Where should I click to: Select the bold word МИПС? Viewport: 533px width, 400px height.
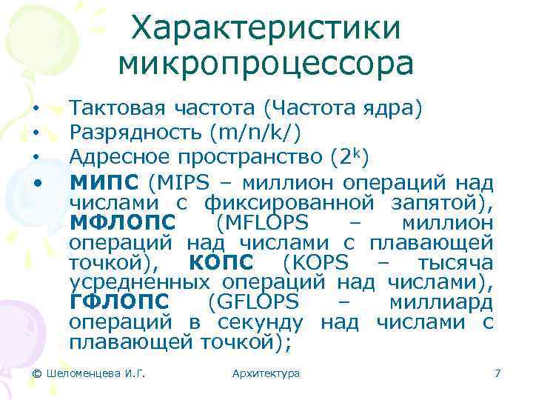[x=104, y=181]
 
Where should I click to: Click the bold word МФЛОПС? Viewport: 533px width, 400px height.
[x=123, y=222]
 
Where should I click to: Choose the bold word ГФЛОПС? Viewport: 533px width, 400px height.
[x=118, y=303]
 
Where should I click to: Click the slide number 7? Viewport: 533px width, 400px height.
[x=497, y=373]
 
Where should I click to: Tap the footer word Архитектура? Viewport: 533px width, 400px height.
[x=266, y=373]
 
